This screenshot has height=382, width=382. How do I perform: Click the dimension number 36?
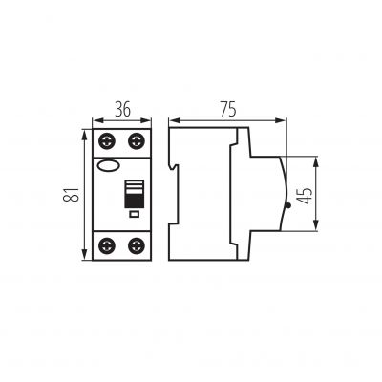pyautogui.click(x=122, y=109)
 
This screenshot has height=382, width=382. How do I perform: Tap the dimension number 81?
pyautogui.click(x=71, y=194)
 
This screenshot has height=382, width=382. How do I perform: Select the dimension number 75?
pyautogui.click(x=228, y=109)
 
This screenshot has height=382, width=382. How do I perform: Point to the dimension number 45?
pyautogui.click(x=305, y=196)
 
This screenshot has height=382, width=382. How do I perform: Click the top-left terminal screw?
pyautogui.click(x=107, y=141)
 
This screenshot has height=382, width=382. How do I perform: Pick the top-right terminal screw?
pyautogui.click(x=137, y=141)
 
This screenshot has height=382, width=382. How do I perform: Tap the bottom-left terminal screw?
pyautogui.click(x=107, y=245)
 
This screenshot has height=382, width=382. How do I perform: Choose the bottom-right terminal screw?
pyautogui.click(x=137, y=245)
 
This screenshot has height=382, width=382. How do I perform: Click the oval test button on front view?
pyautogui.click(x=109, y=165)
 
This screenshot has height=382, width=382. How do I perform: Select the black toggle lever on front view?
pyautogui.click(x=134, y=194)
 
